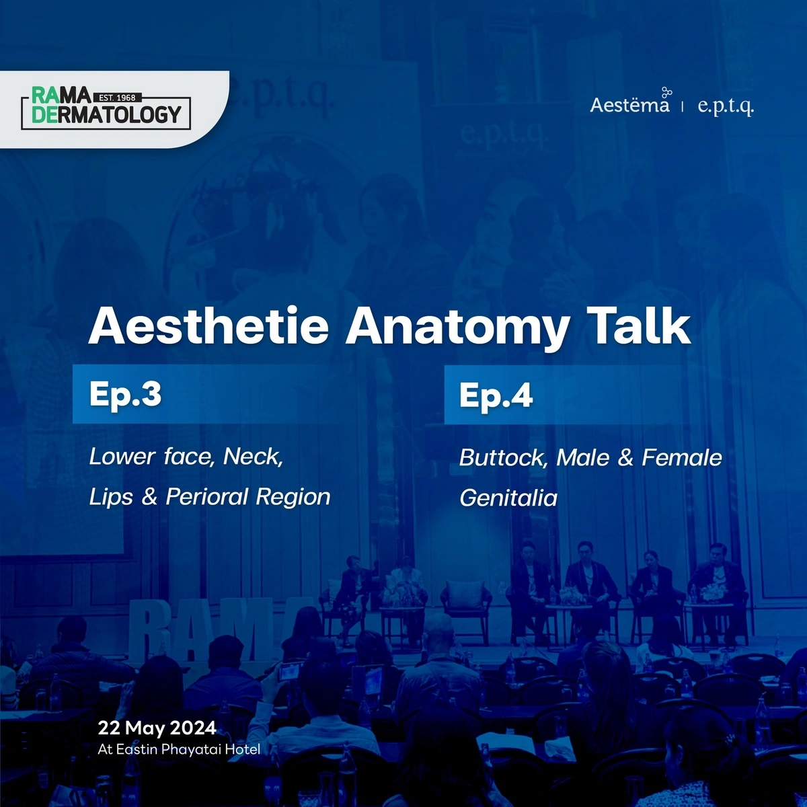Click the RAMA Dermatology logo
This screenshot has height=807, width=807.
[x=106, y=108]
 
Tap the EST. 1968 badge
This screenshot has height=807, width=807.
[x=117, y=98]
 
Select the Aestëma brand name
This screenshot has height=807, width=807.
[x=629, y=105]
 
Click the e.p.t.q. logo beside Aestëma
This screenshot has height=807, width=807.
[x=726, y=106]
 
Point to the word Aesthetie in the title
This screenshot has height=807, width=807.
[x=208, y=325]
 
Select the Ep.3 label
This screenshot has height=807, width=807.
[x=125, y=395]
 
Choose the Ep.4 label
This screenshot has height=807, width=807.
[x=496, y=395]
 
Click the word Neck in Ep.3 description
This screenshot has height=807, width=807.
[x=253, y=457]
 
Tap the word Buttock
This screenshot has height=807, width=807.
[x=504, y=458]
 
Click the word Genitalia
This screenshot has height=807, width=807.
[x=508, y=498]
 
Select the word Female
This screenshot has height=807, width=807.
[x=681, y=457]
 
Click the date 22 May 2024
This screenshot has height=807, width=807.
[x=157, y=728]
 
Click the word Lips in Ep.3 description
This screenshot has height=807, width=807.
[x=111, y=497]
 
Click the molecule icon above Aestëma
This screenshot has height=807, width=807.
[x=666, y=93]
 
